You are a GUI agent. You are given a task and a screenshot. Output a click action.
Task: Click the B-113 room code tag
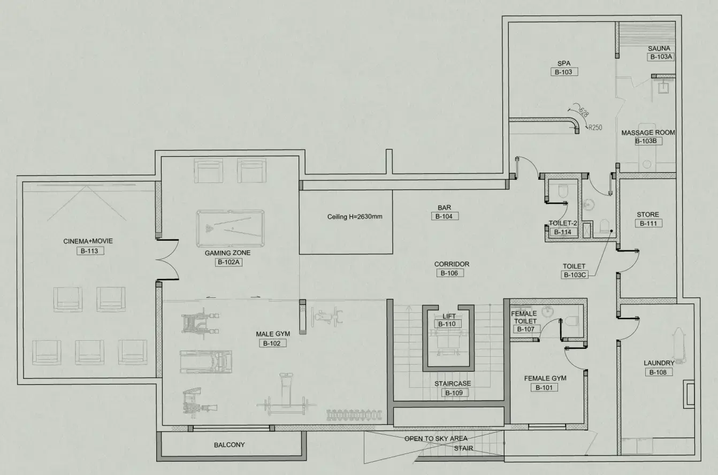click(x=88, y=250)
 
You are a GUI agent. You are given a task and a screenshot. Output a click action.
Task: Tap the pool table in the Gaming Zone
click(x=230, y=228)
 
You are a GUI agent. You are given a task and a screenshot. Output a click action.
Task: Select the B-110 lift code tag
click(x=449, y=324)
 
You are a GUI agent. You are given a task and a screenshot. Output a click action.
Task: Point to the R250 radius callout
click(x=594, y=128)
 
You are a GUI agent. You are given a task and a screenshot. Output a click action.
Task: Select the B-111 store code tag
click(x=648, y=224)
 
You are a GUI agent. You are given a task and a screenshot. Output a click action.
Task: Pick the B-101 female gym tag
click(x=545, y=387)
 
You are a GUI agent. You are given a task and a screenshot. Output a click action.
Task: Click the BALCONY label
click(x=230, y=445)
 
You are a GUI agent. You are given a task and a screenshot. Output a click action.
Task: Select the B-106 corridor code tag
click(x=449, y=273)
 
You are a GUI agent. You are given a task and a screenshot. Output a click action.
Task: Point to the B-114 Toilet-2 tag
click(x=562, y=232)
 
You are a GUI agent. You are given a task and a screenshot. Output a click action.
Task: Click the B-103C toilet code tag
click(x=575, y=275)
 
